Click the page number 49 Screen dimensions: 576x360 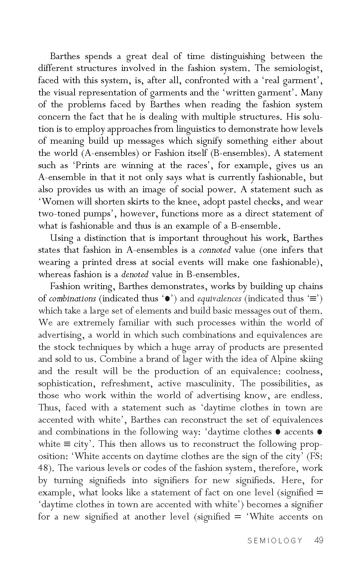pyautogui.click(x=319, y=540)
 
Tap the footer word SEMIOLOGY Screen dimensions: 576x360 pyautogui.click(x=275, y=541)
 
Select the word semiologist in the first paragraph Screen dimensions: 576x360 pyautogui.click(x=300, y=68)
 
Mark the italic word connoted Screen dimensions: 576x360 pyautogui.click(x=215, y=250)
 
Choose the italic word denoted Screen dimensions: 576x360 pyautogui.click(x=135, y=274)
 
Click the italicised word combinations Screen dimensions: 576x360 pyautogui.click(x=72, y=298)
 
